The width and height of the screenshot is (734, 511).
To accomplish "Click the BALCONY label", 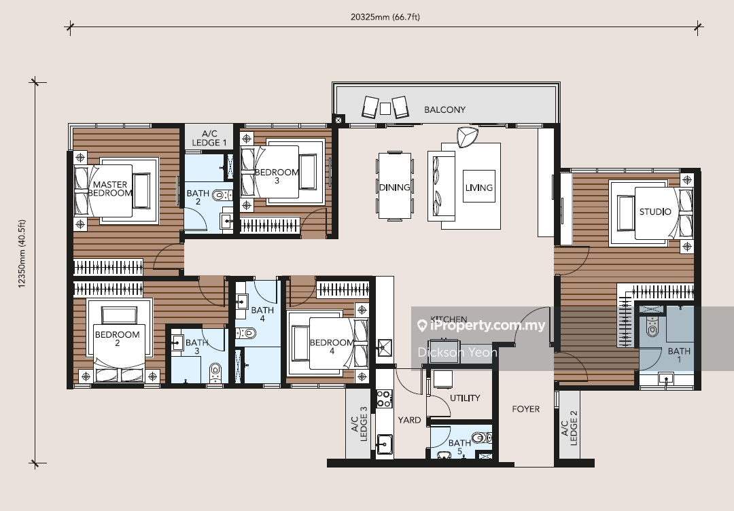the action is [444, 109].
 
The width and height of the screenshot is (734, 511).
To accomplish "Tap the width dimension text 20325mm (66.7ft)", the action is [385, 17].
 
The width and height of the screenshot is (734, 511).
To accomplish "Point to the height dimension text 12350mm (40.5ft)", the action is [22, 253].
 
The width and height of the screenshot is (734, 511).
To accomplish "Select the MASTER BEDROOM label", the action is [110, 189].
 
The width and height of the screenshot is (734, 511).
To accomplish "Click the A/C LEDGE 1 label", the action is [209, 138].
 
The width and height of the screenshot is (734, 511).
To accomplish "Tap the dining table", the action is [395, 186].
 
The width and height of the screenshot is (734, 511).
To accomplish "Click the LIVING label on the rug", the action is [479, 187].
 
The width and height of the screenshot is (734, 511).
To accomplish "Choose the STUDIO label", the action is [655, 211].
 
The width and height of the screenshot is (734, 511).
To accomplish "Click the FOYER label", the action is [525, 409].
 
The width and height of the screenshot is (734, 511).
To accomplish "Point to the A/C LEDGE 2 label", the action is [570, 428].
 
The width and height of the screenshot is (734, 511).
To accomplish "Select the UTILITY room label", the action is [465, 398].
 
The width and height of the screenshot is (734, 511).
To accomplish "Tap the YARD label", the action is [409, 420].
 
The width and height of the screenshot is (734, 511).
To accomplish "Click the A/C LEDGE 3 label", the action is [359, 424].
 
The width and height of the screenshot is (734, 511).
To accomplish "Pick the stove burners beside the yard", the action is [384, 398].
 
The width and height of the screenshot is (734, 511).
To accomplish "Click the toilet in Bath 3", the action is [215, 373].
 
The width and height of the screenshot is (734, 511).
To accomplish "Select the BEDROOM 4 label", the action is [332, 347].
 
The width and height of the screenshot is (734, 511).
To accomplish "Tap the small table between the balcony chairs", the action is [385, 109].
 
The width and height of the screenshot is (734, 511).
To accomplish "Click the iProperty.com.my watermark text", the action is [480, 325].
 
